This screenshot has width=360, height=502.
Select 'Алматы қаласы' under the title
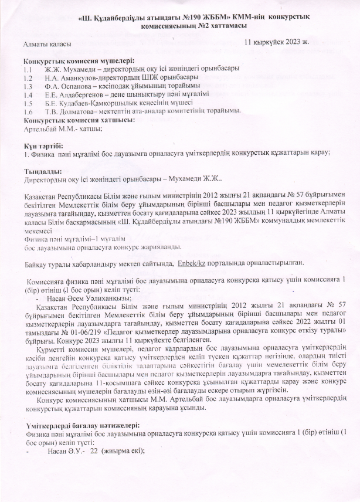click(47, 44)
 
